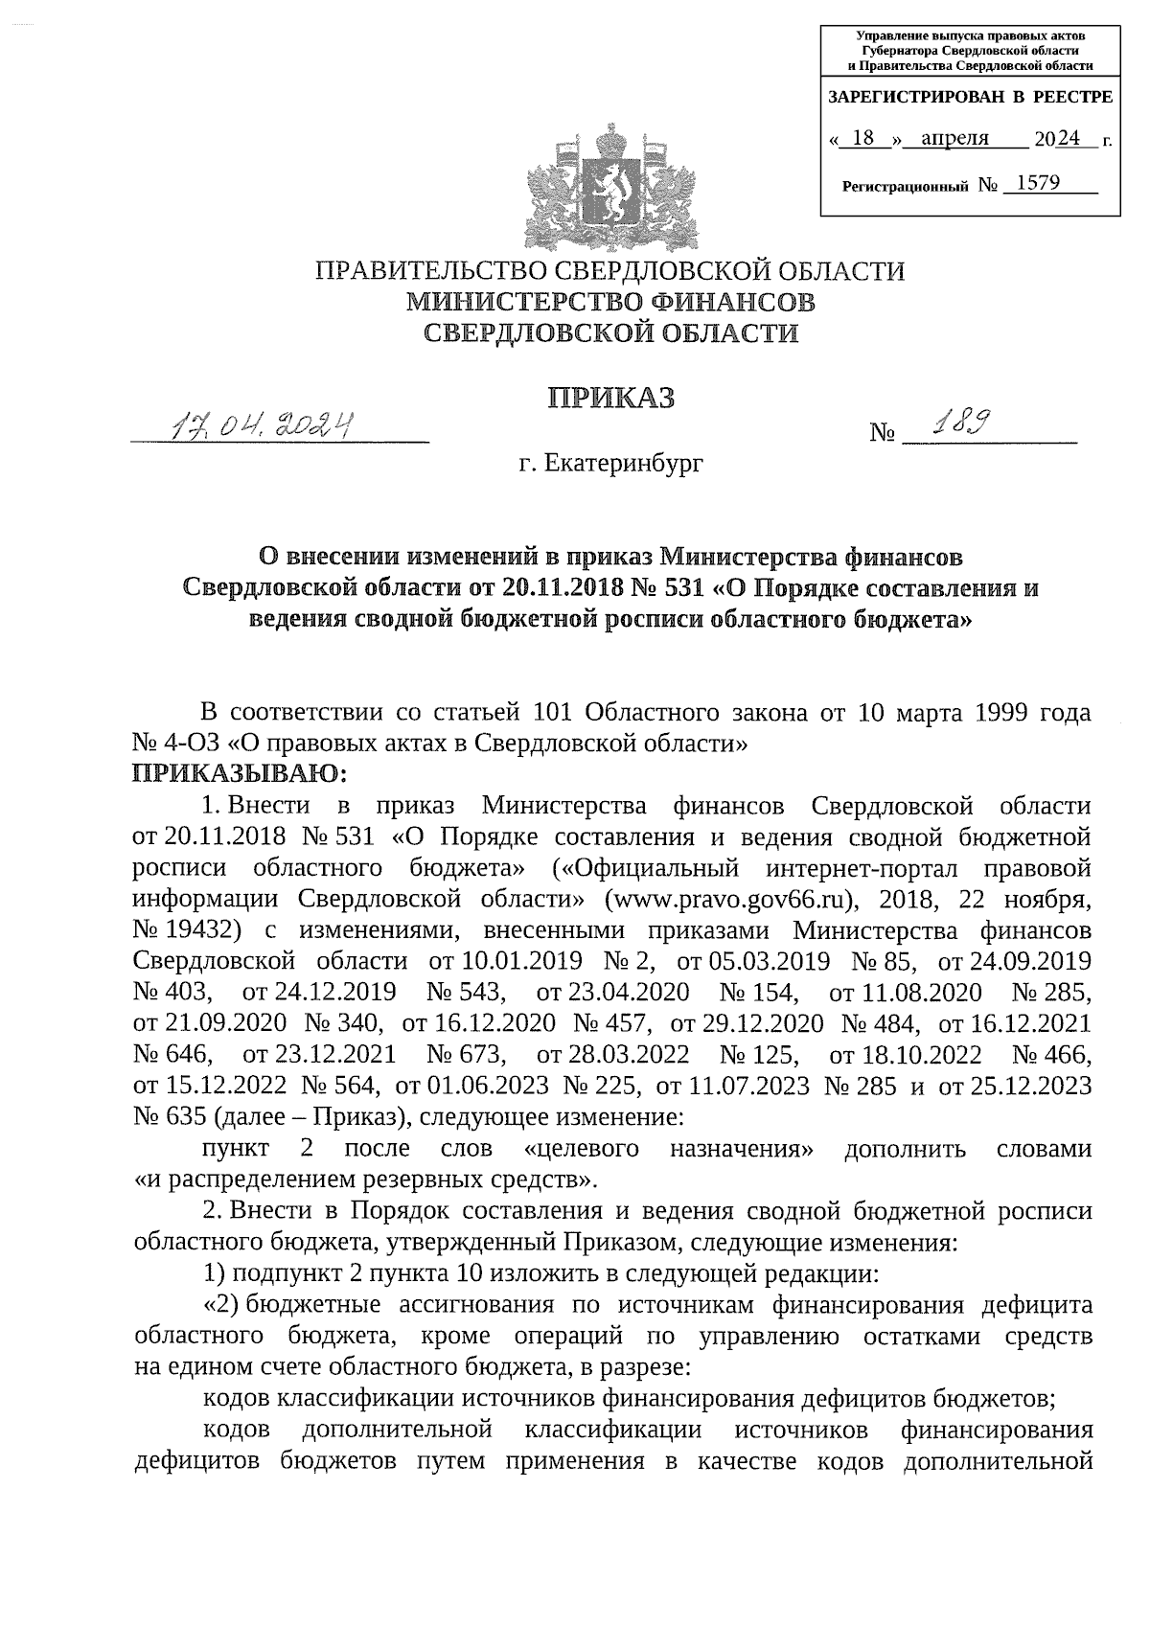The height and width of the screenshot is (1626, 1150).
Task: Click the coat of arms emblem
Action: point(610,187)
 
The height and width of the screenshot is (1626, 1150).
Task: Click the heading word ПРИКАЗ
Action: point(610,397)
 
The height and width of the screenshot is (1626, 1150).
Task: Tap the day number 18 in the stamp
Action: point(862,138)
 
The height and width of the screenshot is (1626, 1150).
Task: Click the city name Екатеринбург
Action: point(624,465)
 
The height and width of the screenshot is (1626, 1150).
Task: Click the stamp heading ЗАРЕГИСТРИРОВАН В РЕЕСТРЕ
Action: point(970,97)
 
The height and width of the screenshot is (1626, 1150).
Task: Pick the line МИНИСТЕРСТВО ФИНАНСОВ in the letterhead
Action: point(610,302)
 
